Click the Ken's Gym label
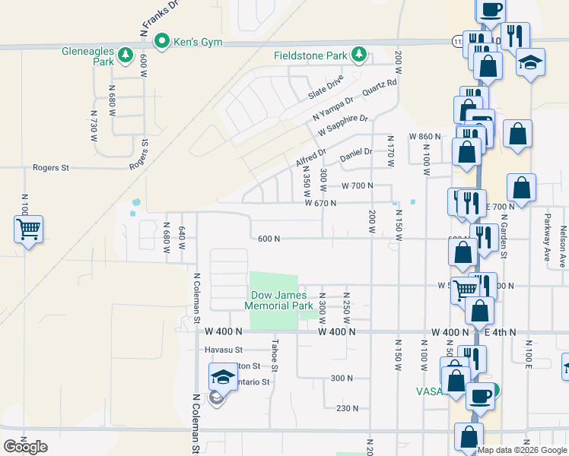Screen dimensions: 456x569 coord(197,42)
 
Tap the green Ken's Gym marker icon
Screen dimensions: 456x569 coord(161,42)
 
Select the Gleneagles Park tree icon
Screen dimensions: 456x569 coord(126,55)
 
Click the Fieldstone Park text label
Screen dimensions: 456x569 coord(310,55)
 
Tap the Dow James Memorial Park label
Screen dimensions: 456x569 coord(278,300)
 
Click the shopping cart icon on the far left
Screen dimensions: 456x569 coord(28,228)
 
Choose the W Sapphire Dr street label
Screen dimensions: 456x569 coord(343,125)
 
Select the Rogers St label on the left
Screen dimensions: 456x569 coord(51,167)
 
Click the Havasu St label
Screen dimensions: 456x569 coord(223,350)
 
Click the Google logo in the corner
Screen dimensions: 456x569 coord(25,447)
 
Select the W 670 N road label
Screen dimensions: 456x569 coord(320,203)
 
